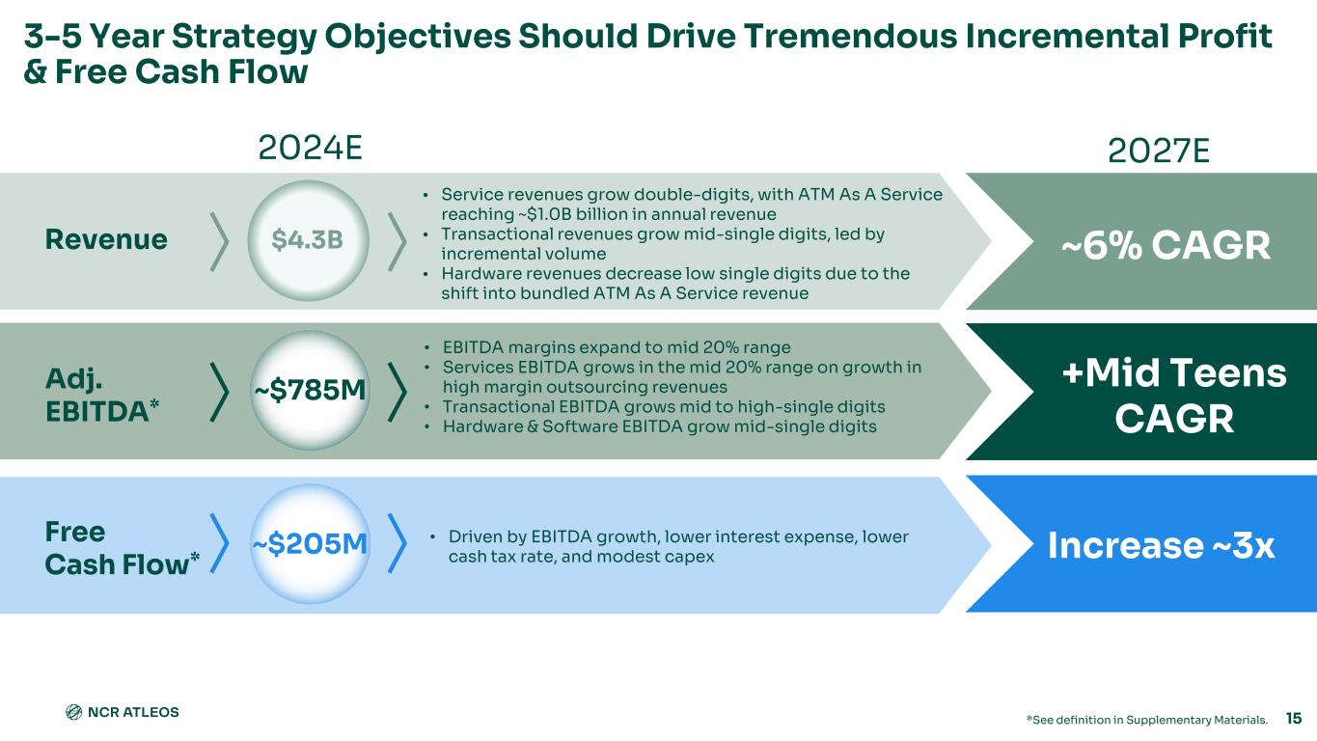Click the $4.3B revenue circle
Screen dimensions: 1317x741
(x=308, y=240)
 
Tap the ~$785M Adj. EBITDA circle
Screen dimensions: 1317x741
(x=310, y=391)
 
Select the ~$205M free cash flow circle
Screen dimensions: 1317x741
(x=310, y=544)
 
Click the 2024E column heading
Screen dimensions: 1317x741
(x=310, y=149)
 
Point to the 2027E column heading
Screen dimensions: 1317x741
(x=1159, y=151)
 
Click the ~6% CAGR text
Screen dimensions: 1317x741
(x=1166, y=245)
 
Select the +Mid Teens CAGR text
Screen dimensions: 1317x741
(x=1174, y=396)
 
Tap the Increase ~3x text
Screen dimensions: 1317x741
(x=1162, y=545)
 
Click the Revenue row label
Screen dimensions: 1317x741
(x=106, y=239)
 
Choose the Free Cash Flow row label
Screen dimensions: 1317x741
(x=122, y=548)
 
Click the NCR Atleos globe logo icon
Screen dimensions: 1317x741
(x=73, y=712)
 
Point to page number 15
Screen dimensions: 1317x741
(x=1294, y=718)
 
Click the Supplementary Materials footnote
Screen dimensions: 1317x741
(x=1146, y=720)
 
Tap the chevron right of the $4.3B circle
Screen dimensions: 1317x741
(x=397, y=242)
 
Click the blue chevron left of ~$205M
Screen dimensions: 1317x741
(x=219, y=543)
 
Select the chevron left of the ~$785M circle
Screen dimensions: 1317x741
(x=219, y=393)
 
